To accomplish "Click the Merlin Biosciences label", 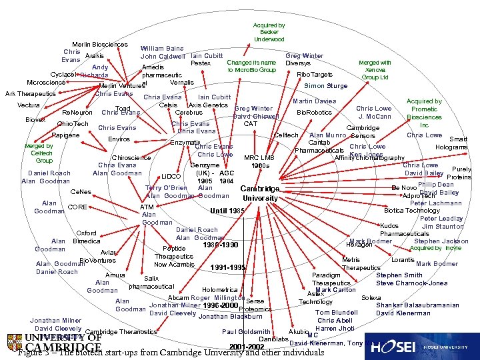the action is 100,45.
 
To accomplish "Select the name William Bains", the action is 162,49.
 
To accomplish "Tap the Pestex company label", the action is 201,63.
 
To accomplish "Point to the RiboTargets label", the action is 315,75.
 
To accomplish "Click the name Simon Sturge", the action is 325,86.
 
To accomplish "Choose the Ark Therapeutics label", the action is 31,94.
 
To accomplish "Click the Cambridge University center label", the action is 259,193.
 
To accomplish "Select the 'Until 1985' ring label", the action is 228,211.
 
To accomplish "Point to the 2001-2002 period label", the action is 247,347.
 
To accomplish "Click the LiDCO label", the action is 171,177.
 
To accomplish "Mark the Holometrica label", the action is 219,290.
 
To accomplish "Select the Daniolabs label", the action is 273,339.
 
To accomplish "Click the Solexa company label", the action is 371,297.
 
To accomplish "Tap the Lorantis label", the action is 403,259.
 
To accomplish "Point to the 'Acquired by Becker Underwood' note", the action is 269,32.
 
